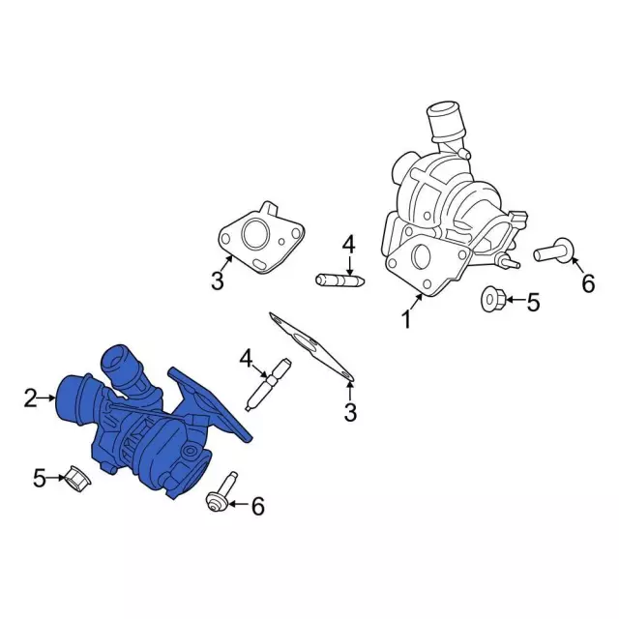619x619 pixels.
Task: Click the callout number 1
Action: coord(406,319)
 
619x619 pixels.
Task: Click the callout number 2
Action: coord(31,398)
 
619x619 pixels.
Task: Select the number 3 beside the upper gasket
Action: coord(218,280)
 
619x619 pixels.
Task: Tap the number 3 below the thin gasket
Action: coord(350,412)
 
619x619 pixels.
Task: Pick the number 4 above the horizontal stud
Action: coord(349,245)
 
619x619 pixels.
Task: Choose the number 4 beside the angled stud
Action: coord(246,359)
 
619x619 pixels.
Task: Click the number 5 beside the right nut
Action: coord(533,303)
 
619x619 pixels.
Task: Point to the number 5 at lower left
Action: coord(40,478)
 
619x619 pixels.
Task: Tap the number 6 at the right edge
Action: coord(588,283)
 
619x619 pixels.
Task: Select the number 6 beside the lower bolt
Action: coord(258,506)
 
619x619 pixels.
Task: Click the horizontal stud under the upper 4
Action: coord(339,280)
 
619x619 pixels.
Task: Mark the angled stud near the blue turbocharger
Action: coord(268,385)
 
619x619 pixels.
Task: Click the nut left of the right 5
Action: coord(492,300)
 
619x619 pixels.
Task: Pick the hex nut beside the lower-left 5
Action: coord(77,477)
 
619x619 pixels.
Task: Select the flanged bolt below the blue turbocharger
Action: coord(222,492)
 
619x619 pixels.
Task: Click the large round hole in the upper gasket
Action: coord(255,234)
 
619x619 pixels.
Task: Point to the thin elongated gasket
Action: coord(311,346)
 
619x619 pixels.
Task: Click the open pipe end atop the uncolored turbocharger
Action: coord(444,109)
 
